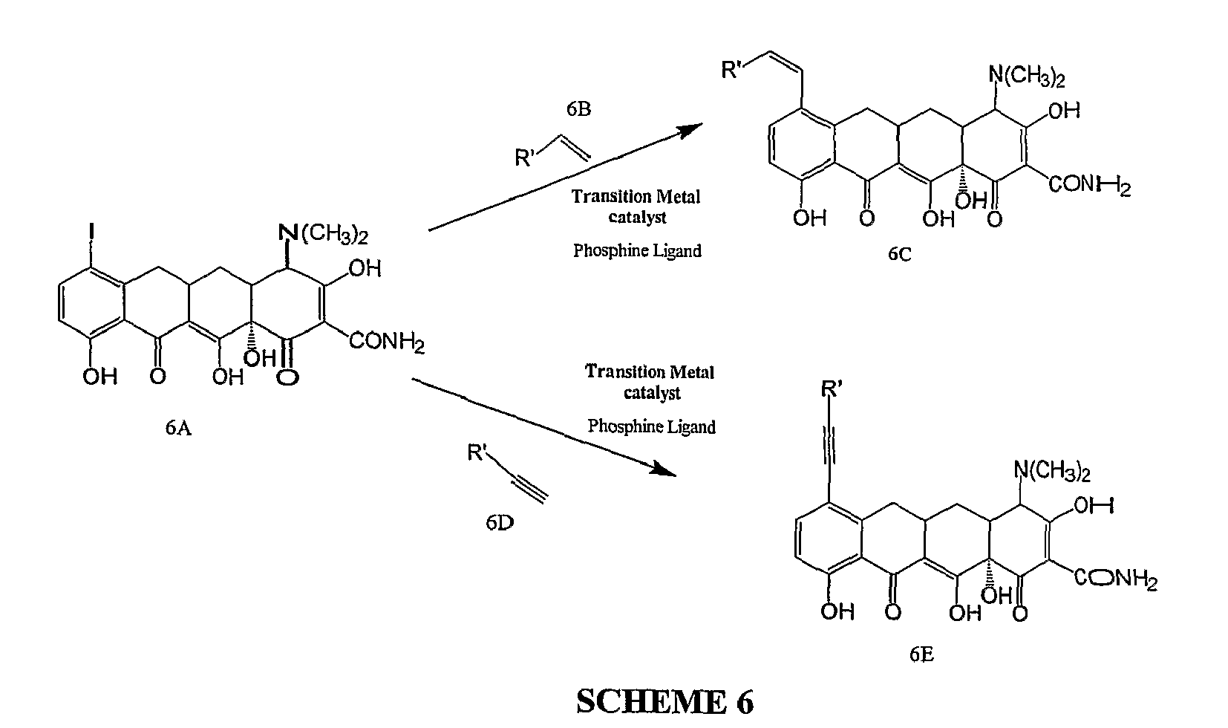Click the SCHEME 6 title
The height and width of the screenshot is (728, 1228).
coord(664,701)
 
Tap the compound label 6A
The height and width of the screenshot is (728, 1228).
coord(178,428)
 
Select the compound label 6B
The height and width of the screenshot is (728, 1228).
coord(578,109)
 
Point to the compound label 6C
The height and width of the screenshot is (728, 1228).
coord(899,253)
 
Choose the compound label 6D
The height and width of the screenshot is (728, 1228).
coord(500,523)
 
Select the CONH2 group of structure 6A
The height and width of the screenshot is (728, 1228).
coord(387,342)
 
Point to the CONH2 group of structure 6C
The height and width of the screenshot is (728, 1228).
coord(1089,184)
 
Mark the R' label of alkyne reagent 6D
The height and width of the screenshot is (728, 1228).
coord(477,452)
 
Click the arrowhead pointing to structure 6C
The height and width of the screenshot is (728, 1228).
coord(690,130)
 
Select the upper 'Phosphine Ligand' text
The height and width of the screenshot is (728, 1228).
coord(637,250)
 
